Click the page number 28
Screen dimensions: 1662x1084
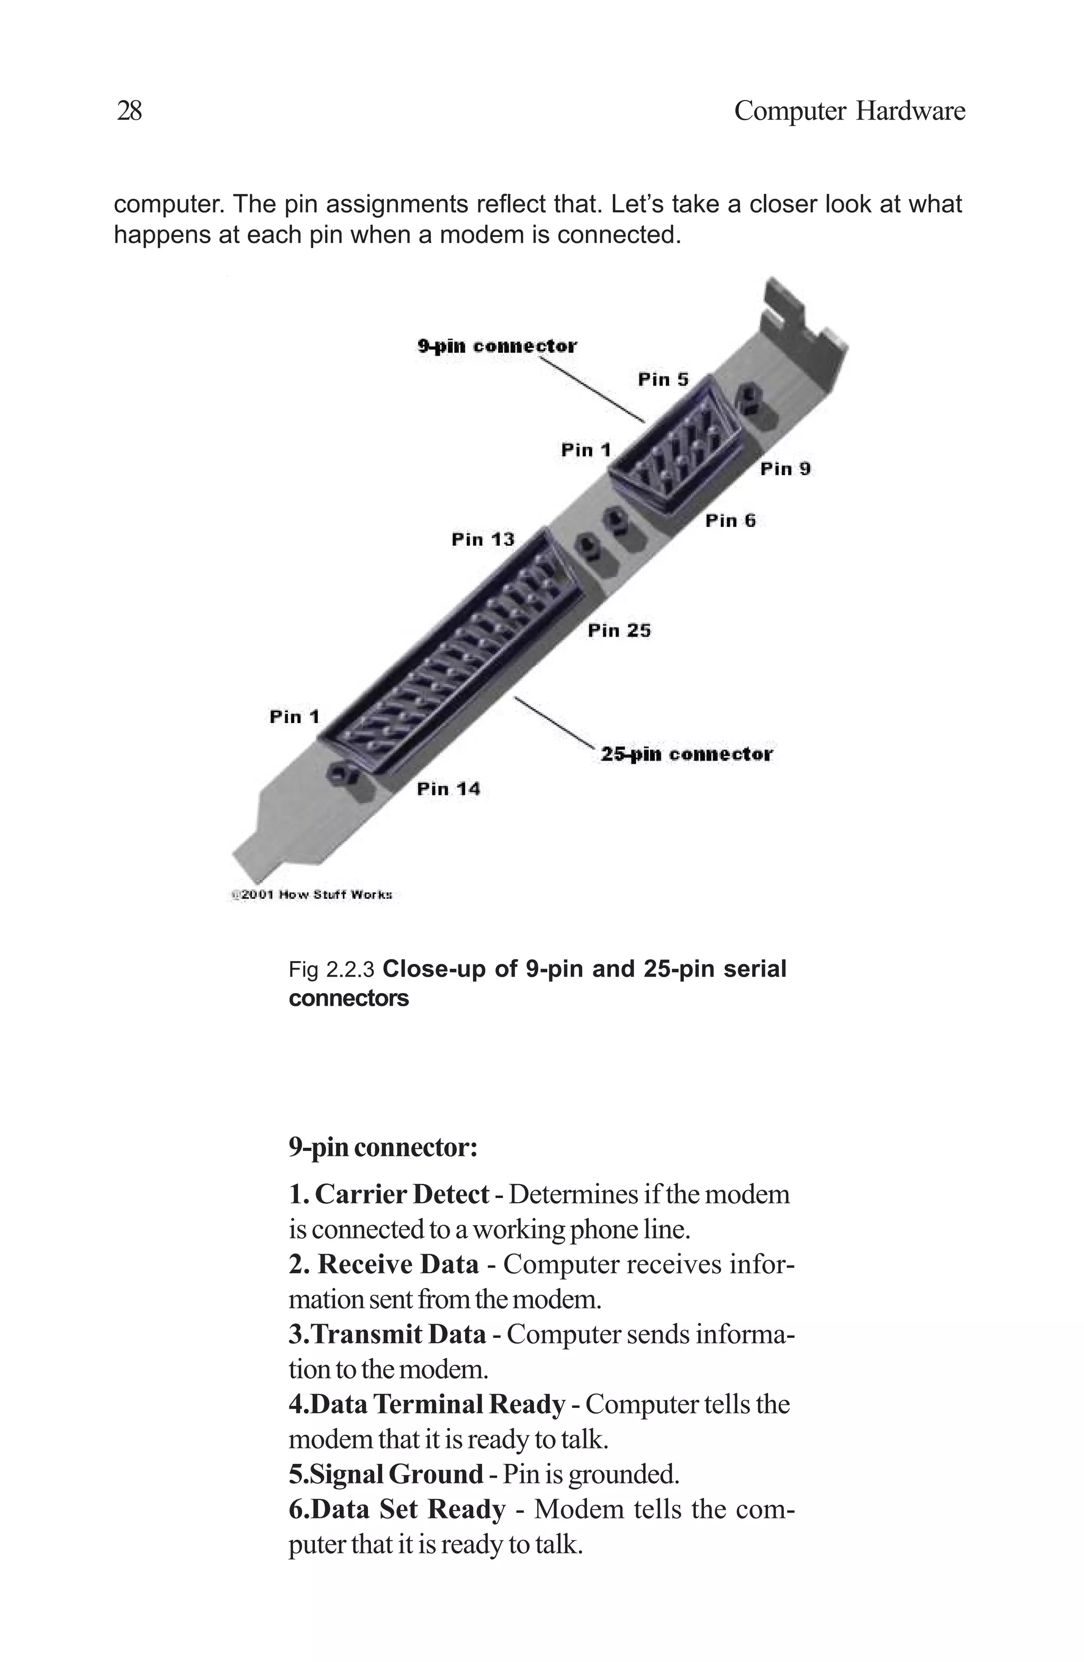(129, 111)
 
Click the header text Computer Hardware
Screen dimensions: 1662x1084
(849, 111)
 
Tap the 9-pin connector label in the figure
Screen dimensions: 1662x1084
(497, 346)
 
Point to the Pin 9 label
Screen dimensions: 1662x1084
(785, 469)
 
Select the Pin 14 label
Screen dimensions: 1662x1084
(448, 789)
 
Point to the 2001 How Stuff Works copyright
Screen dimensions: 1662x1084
(311, 895)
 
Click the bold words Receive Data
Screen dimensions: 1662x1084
(399, 1264)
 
